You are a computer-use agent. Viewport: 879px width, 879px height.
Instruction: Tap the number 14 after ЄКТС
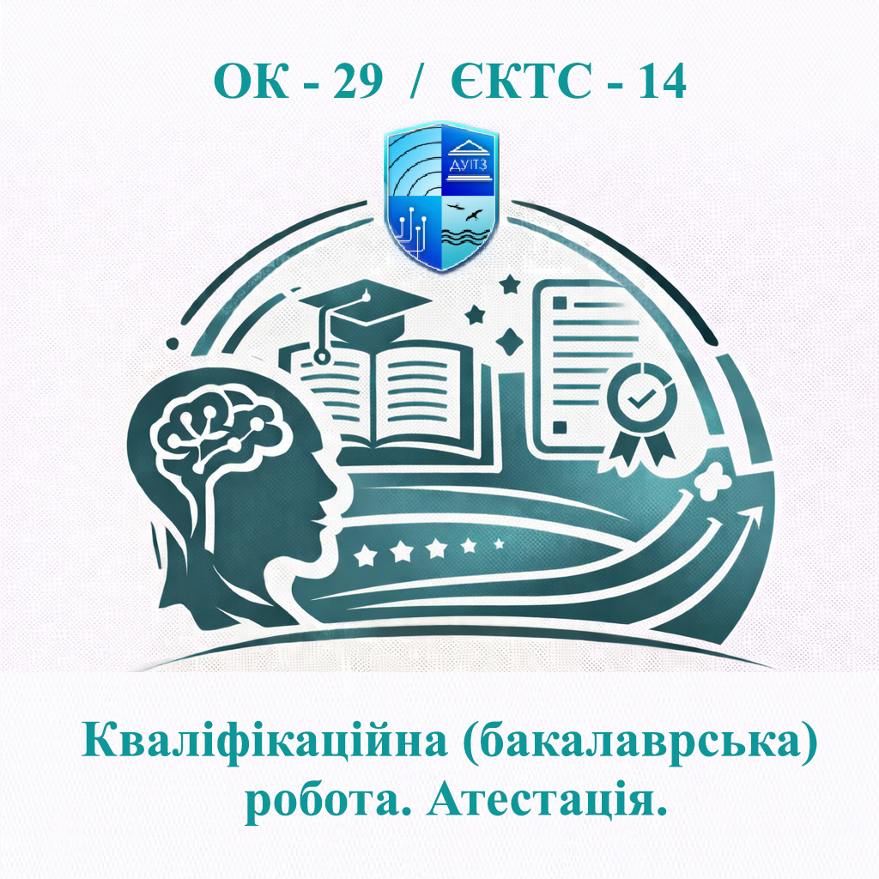[658, 82]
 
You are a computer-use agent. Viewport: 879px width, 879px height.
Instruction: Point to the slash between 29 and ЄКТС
[418, 82]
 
